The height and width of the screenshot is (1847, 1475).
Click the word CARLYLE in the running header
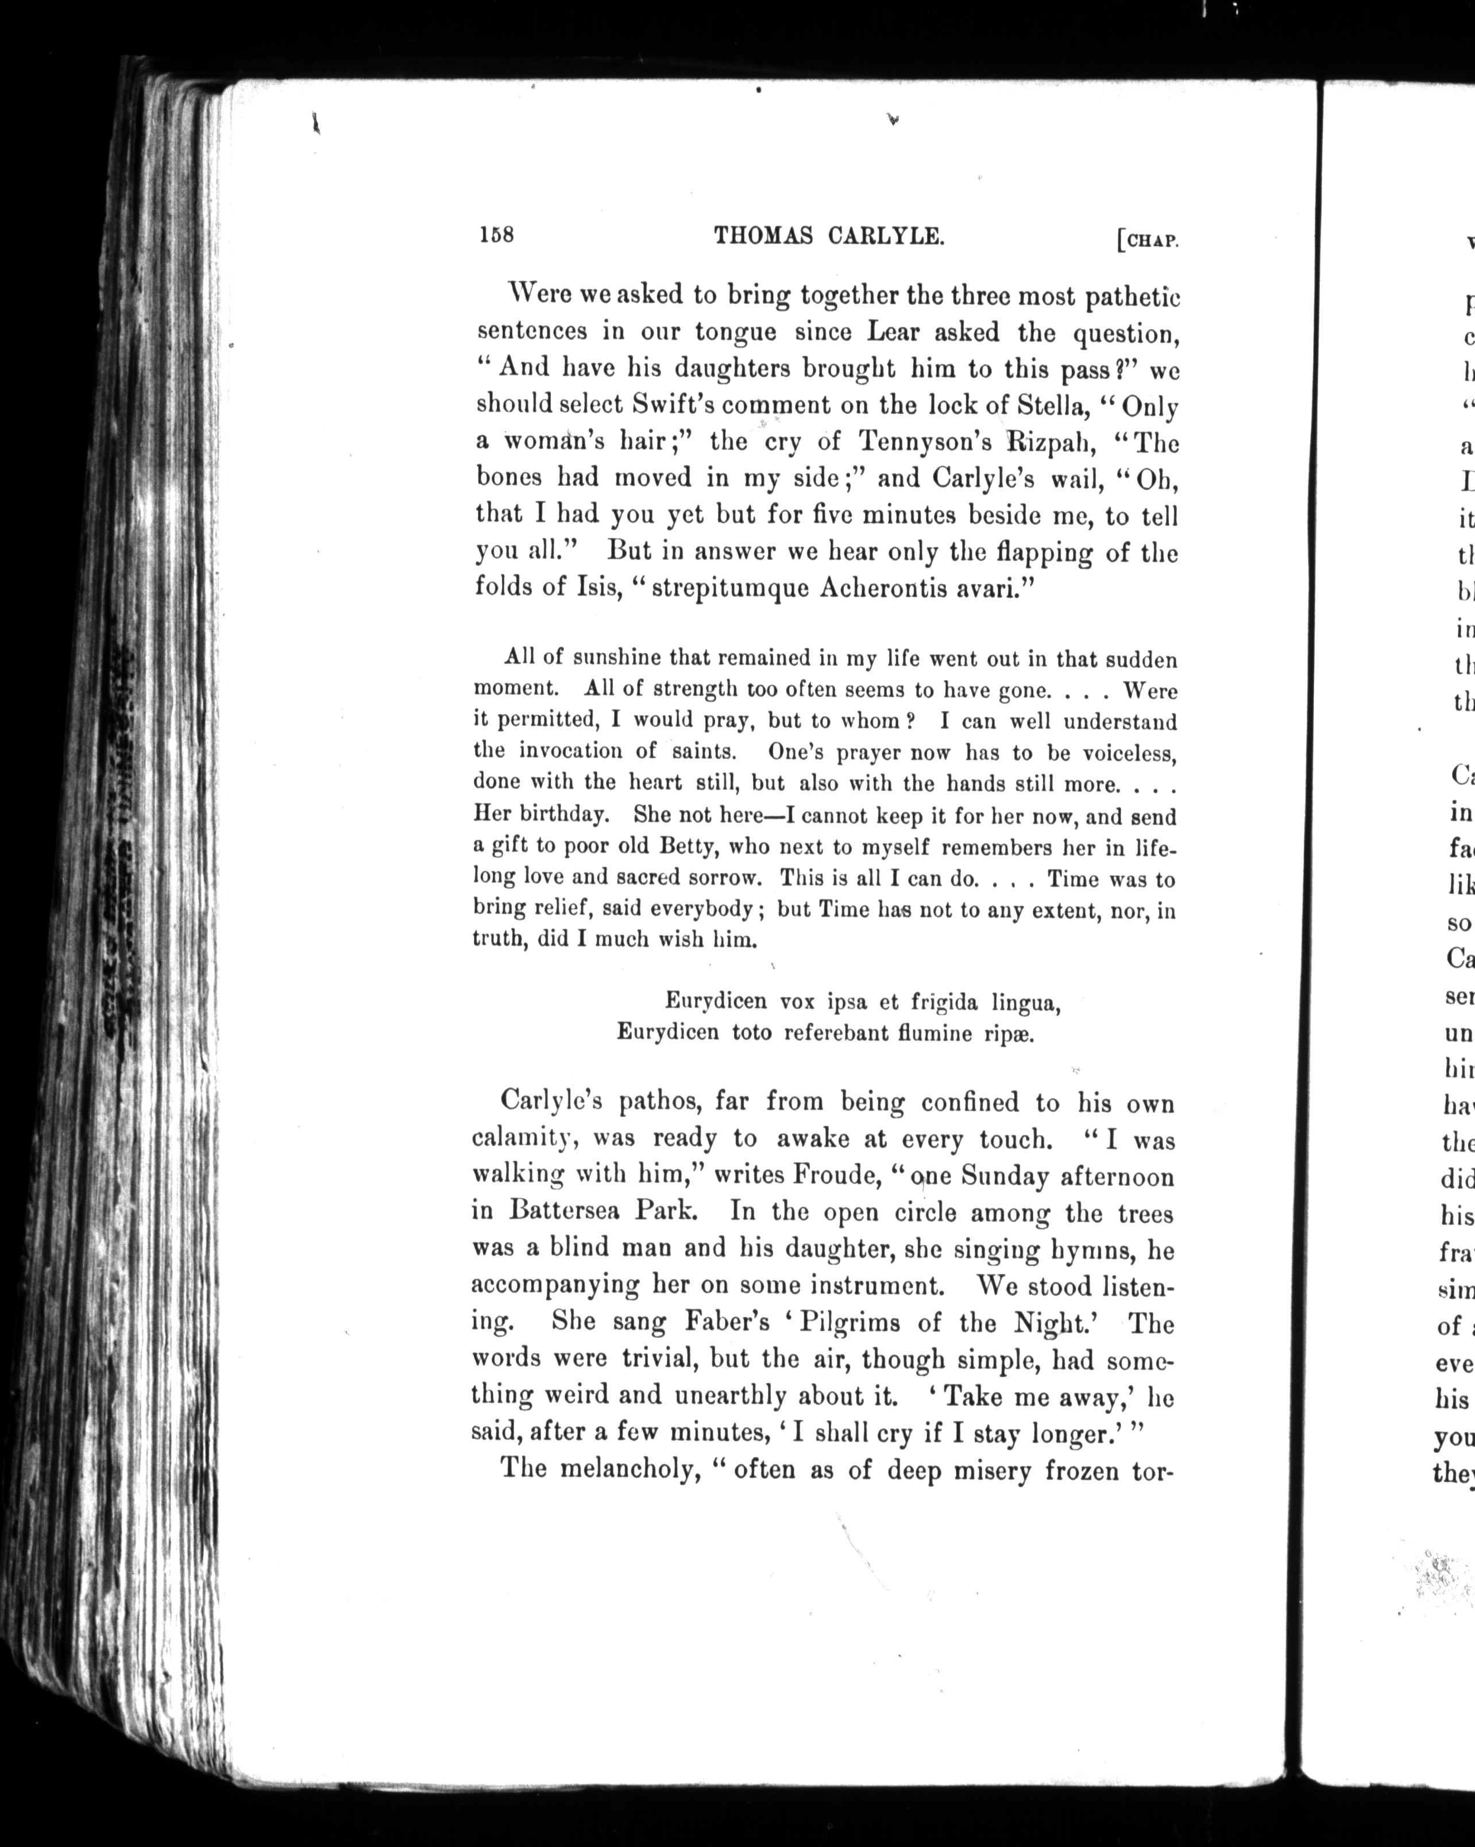[x=886, y=235]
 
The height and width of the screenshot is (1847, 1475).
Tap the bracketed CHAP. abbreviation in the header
[x=1148, y=241]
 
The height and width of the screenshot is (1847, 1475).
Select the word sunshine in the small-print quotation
[x=616, y=658]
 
